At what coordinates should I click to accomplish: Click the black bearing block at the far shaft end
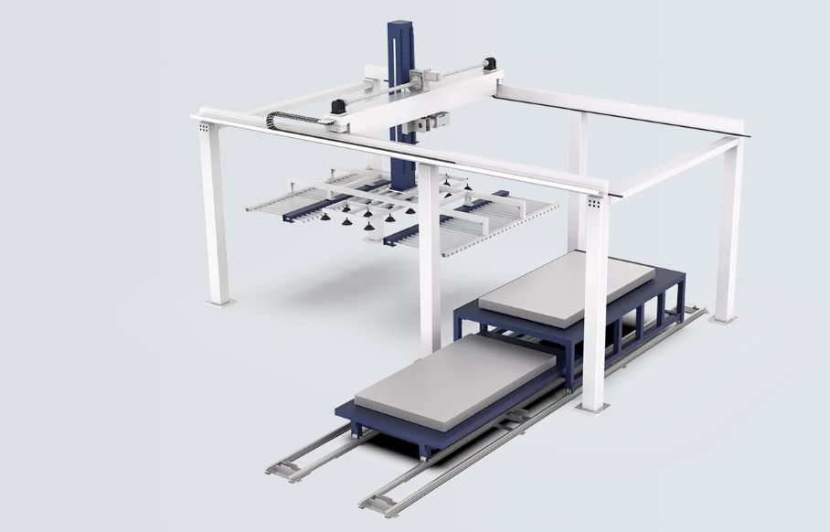pos(489,64)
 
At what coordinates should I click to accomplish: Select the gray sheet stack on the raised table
pos(566,286)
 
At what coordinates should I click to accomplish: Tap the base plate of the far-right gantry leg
pos(724,317)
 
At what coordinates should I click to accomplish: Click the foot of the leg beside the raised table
pos(593,406)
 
